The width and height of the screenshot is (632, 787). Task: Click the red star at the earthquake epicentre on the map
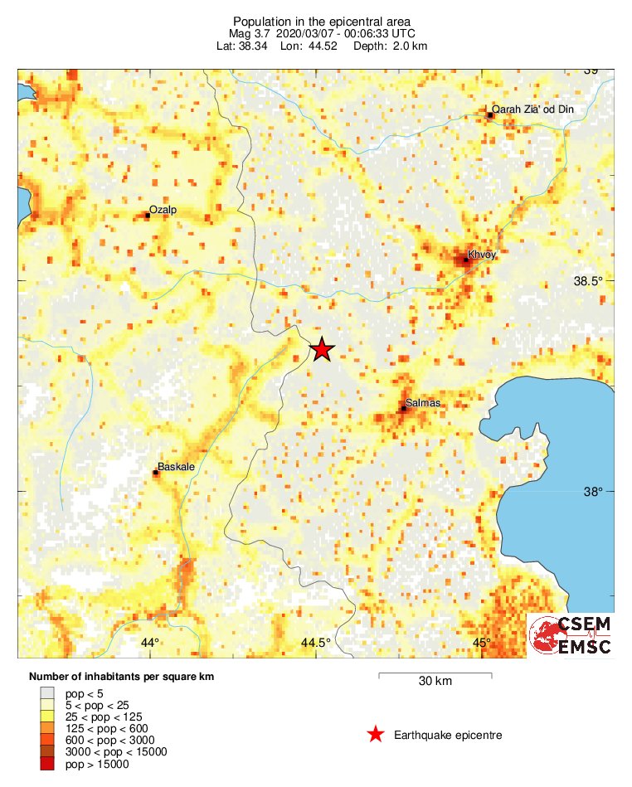point(321,350)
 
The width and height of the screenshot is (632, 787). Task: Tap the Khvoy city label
point(482,255)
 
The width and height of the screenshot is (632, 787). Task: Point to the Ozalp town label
point(163,211)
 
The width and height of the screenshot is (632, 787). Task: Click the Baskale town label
point(176,467)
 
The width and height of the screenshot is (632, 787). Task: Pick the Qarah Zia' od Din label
point(532,109)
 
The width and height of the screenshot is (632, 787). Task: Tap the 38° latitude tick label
point(593,492)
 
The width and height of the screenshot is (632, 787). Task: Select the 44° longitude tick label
point(149,643)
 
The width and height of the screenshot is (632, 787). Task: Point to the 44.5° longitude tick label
point(315,643)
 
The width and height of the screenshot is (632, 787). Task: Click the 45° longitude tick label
point(482,643)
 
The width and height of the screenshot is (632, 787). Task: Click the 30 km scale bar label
point(435,682)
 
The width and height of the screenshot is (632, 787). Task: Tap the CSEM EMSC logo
point(571,636)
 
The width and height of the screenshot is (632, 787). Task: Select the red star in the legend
point(376,735)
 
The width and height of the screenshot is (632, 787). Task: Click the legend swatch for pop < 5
point(49,692)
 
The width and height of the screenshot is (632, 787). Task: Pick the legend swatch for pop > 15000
point(49,764)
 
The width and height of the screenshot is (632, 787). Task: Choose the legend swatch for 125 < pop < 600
point(49,728)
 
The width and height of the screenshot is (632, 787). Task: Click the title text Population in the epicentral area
point(322,21)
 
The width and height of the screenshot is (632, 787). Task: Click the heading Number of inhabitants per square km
point(121,677)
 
